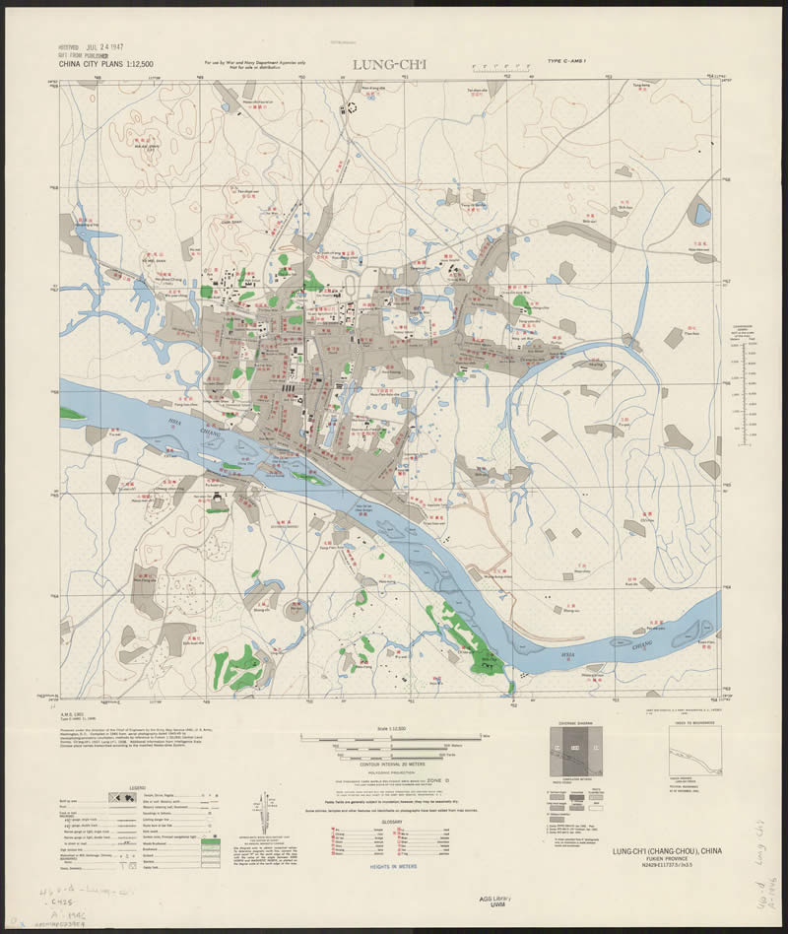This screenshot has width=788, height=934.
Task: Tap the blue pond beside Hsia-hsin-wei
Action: [x=701, y=213]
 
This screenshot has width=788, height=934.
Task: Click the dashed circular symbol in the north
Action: [x=348, y=110]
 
